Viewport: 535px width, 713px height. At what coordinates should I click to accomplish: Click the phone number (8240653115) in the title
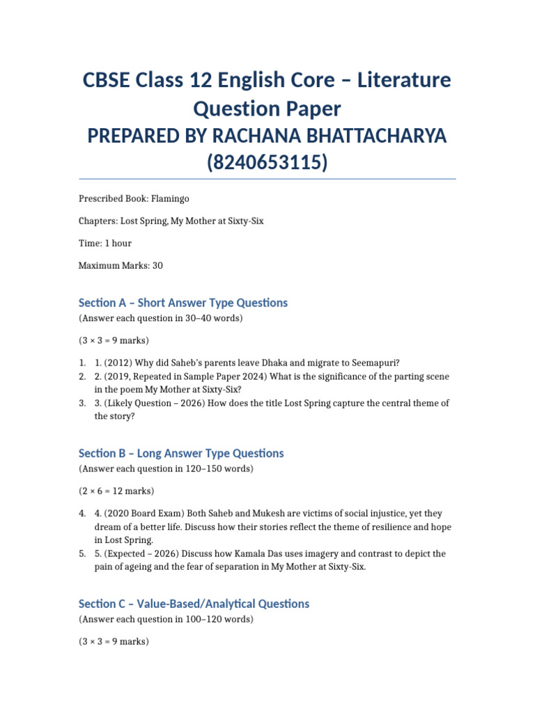pos(267,163)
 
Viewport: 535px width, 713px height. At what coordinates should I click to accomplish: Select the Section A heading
pos(183,303)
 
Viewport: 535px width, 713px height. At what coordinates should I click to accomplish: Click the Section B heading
pos(181,453)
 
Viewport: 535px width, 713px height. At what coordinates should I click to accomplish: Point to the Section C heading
pos(194,604)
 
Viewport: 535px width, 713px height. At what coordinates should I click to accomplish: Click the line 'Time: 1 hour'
pos(104,243)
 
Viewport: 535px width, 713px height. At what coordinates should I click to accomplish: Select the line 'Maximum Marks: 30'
pos(121,265)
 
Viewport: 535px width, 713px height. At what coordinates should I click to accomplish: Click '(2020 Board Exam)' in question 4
pos(143,513)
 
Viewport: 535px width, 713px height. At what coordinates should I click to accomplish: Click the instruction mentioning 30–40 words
pos(161,318)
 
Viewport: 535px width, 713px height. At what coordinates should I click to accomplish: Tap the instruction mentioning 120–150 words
pos(166,469)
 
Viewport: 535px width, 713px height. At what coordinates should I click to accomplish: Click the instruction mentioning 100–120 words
pos(166,619)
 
